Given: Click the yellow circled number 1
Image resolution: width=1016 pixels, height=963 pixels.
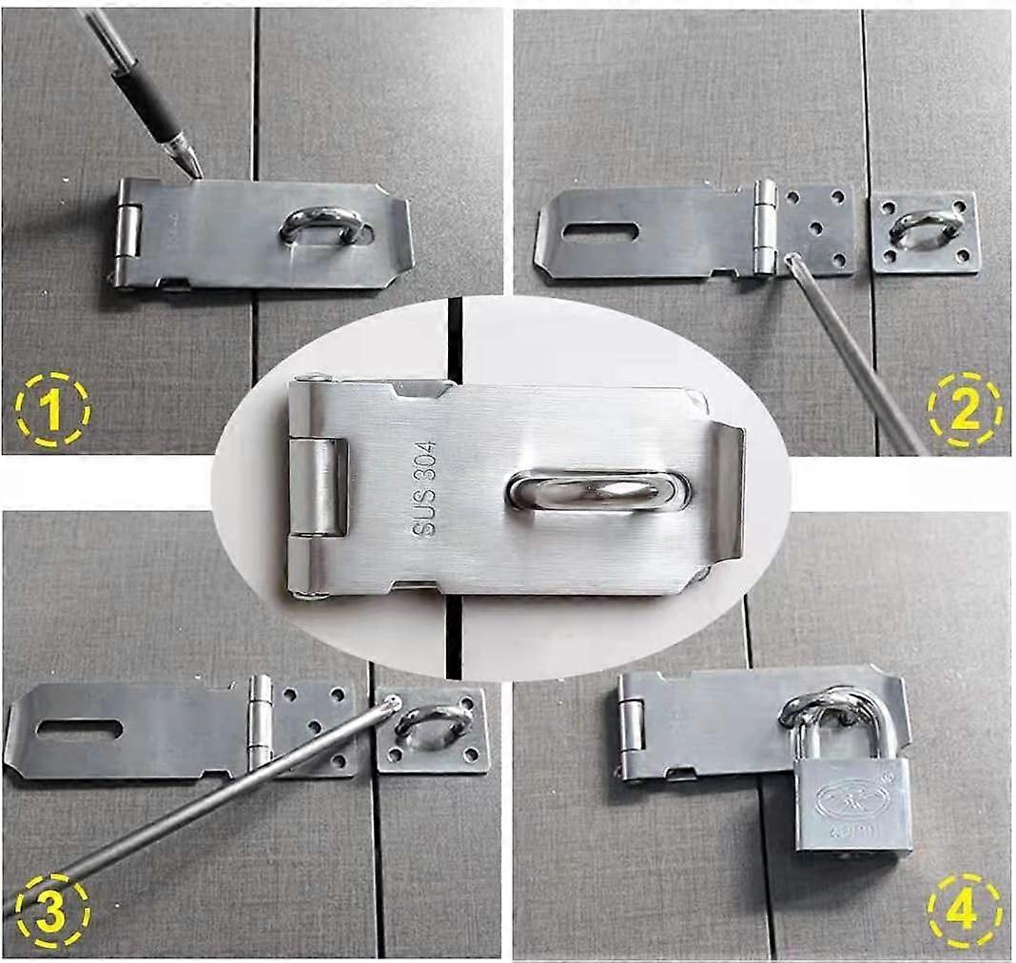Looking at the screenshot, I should pos(51,411).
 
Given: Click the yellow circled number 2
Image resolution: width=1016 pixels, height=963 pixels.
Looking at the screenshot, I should pos(964,411).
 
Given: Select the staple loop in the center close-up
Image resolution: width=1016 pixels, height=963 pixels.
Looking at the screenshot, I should pos(598,490).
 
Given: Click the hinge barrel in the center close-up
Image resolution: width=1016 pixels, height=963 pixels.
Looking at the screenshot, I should pos(318,486).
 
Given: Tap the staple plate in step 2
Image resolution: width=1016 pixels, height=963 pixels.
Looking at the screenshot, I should pos(926,232).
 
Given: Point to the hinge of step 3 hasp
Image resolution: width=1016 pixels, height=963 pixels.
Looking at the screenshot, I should pos(260,722).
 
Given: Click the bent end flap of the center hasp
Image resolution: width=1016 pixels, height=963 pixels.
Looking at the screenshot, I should pos(728,490).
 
